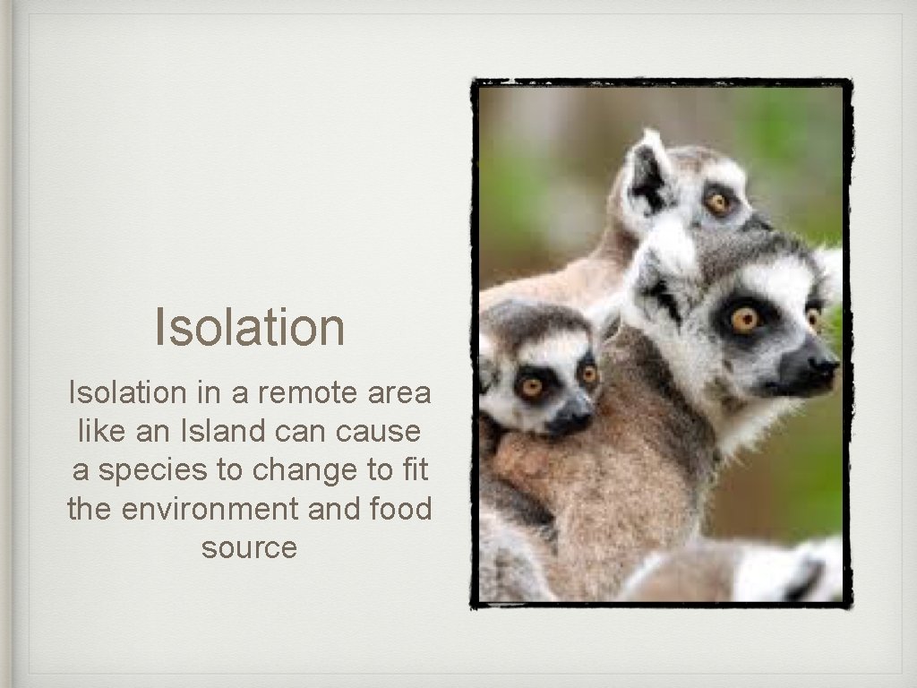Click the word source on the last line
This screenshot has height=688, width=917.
[249, 547]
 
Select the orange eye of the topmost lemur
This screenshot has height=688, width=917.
[717, 203]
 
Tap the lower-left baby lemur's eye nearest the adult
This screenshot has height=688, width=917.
[587, 374]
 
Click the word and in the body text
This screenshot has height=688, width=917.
[333, 509]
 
